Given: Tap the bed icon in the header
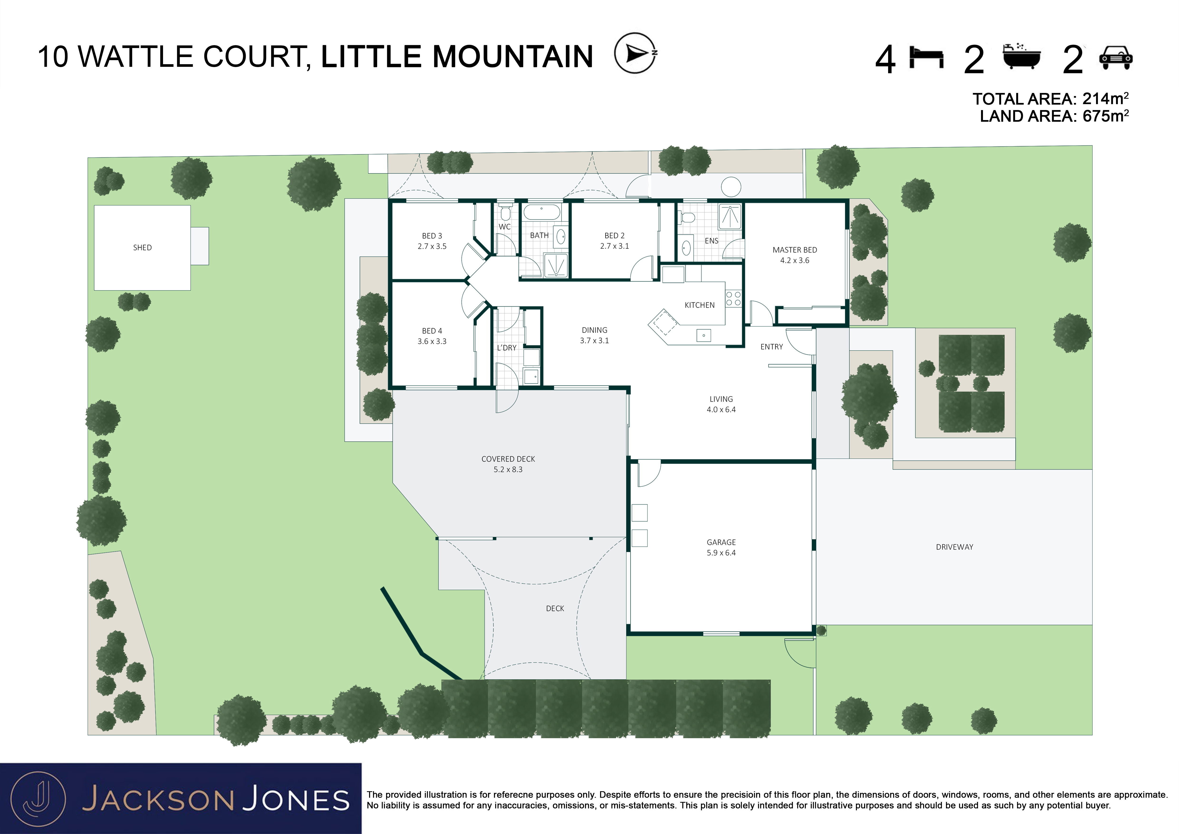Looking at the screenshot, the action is point(926,57).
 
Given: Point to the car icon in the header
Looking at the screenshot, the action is point(1116,58).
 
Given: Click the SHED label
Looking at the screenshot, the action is point(142,247).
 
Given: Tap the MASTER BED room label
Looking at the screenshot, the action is point(794,250).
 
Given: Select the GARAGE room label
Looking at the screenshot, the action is point(721,542).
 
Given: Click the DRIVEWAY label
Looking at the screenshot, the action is point(954,547).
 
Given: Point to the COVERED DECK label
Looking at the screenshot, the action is point(508,459).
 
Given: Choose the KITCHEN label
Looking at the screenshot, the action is point(699,305).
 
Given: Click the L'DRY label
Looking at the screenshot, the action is point(506,348).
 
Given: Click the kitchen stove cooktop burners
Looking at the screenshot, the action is point(733,299).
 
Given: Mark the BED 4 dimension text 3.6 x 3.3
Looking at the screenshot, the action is point(432,341).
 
